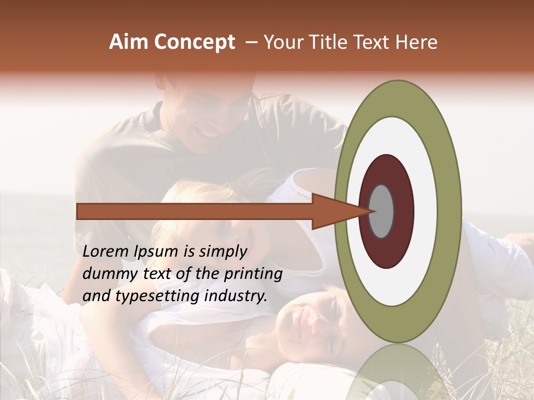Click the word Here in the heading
[x=416, y=42]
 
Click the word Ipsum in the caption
[x=158, y=252]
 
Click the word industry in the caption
[x=235, y=296]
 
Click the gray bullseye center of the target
[x=382, y=211]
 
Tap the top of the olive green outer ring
[x=398, y=97]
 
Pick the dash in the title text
[x=251, y=43]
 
